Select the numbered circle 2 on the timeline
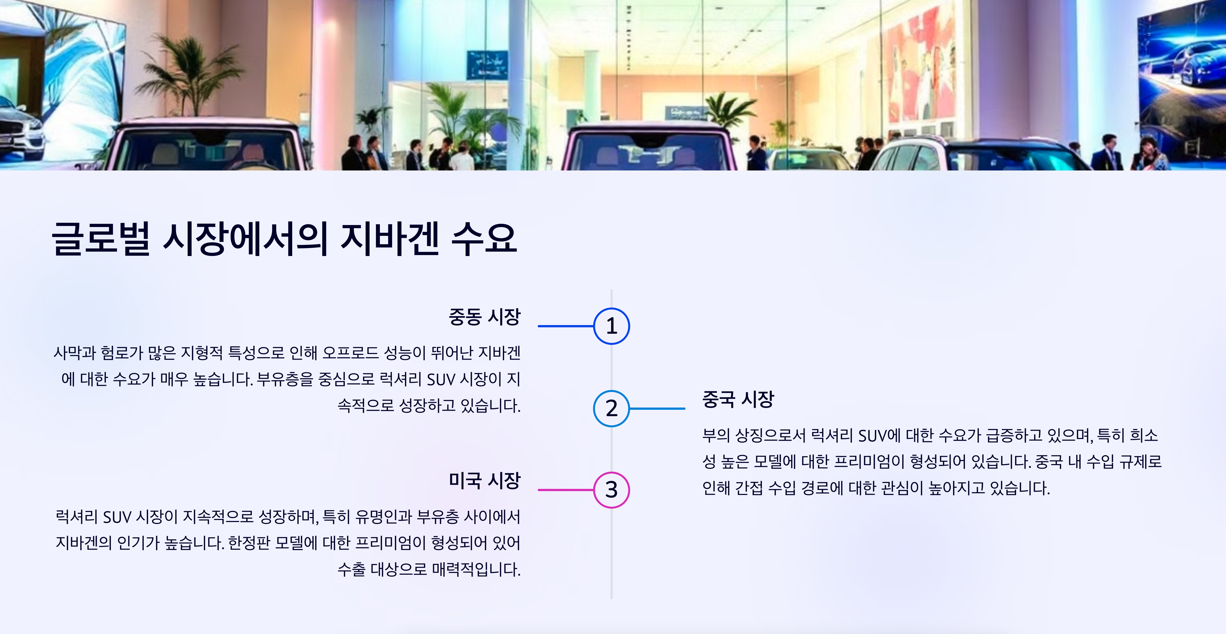click(x=612, y=408)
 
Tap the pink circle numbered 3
click(x=612, y=490)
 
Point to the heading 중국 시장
click(x=738, y=399)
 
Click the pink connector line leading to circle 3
click(x=565, y=490)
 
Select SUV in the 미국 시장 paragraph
click(x=117, y=517)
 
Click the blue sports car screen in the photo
click(x=1180, y=71)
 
